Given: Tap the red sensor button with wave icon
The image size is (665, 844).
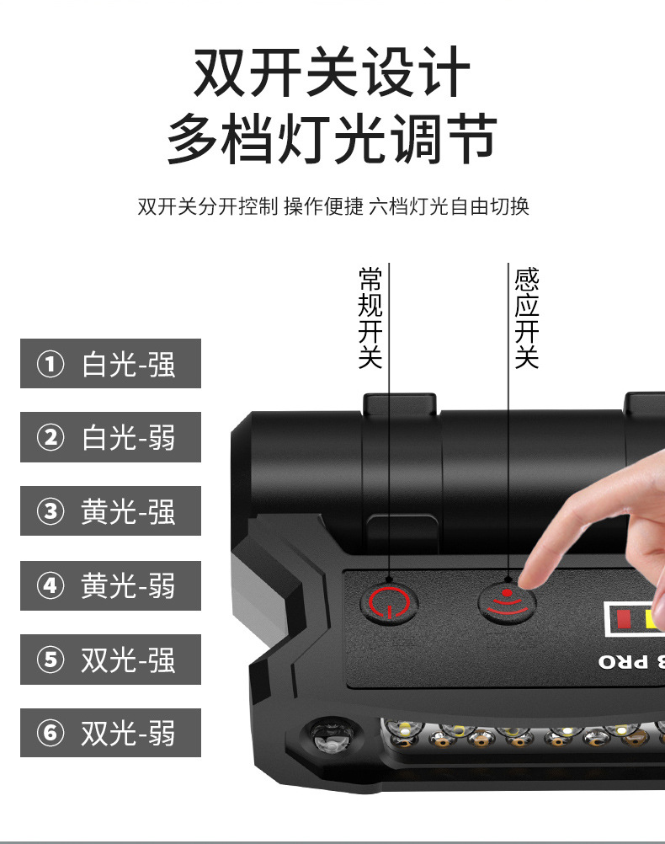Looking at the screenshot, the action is (507, 602).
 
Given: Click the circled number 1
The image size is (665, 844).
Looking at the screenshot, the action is (51, 364).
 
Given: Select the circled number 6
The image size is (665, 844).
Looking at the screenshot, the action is (51, 733).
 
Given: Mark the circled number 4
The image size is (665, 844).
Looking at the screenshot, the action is (51, 585).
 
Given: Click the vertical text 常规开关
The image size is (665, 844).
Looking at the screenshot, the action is (370, 318).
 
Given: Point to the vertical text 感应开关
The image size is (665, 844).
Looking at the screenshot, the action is (527, 318).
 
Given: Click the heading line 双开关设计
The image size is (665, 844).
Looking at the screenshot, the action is (332, 72).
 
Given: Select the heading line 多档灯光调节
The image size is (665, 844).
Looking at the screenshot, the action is (332, 138).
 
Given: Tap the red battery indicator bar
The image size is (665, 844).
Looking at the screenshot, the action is (624, 619).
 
